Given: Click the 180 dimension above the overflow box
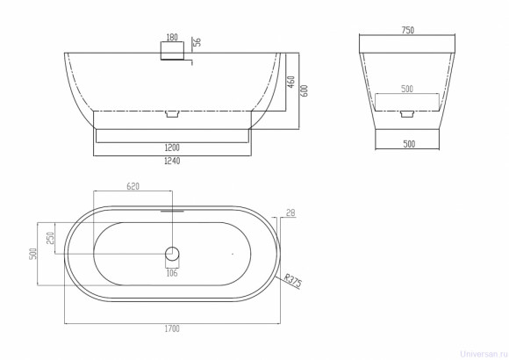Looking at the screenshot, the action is pyautogui.click(x=172, y=38).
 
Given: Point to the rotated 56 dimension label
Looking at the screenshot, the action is pyautogui.click(x=197, y=41).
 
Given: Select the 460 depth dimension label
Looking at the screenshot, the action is pyautogui.click(x=290, y=83).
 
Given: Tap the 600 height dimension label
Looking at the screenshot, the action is pyautogui.click(x=305, y=90).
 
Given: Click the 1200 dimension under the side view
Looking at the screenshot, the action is pyautogui.click(x=172, y=148).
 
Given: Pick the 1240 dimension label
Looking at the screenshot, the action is pyautogui.click(x=172, y=161).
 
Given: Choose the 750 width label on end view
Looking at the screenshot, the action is pyautogui.click(x=408, y=30).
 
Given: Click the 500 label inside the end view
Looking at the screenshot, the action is pyautogui.click(x=407, y=89).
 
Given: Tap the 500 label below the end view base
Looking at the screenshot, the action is pyautogui.click(x=409, y=144).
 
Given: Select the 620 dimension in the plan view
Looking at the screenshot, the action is pyautogui.click(x=133, y=186).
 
